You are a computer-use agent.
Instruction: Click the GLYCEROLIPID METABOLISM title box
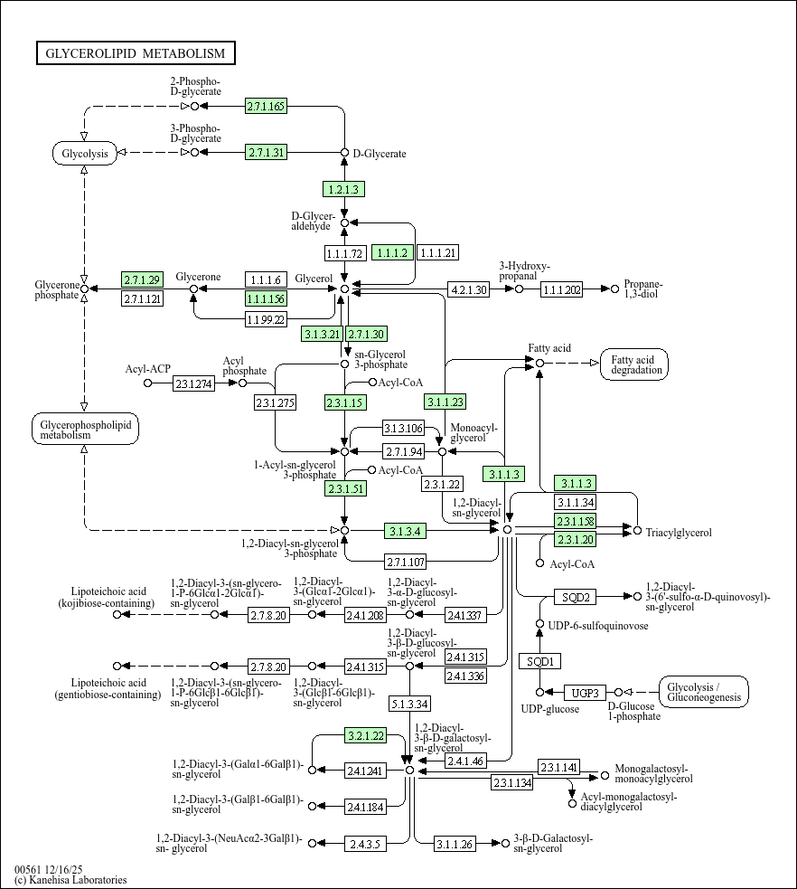136,53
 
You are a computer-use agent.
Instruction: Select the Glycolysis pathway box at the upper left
84,153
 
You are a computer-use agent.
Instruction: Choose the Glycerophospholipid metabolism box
84,429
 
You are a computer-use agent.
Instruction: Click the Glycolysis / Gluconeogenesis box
704,693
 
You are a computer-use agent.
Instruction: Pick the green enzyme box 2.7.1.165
266,107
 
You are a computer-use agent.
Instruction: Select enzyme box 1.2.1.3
343,189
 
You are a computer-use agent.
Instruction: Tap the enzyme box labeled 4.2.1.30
468,289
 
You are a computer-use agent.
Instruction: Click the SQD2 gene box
576,597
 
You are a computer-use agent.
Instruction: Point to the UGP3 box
585,693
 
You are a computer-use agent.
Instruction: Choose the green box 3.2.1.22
365,735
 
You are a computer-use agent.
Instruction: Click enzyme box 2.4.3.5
365,844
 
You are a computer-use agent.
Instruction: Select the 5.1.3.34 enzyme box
409,703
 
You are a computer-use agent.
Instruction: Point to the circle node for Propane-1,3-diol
614,289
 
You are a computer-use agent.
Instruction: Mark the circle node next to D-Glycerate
344,153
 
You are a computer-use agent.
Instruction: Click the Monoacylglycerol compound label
474,432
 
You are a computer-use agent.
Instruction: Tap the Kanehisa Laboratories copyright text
70,880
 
